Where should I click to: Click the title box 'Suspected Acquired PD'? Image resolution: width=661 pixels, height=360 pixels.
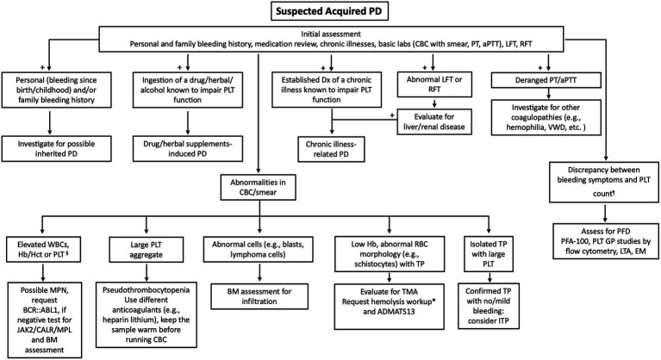point(330,11)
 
